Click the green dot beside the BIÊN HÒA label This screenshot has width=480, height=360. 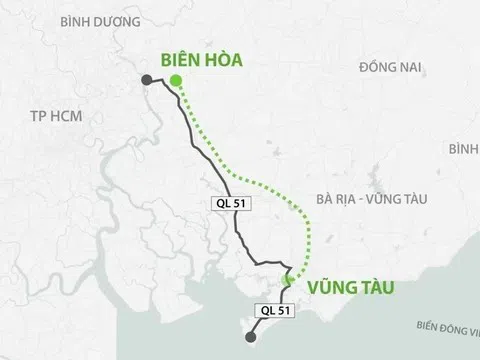coord(176,81)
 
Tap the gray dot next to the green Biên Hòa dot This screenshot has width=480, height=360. coord(148,81)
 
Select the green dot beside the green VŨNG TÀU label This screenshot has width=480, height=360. coord(287,281)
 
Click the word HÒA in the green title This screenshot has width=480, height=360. coord(221,60)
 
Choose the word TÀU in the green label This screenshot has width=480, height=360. coord(375,288)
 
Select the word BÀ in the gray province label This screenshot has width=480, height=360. coord(320,198)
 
